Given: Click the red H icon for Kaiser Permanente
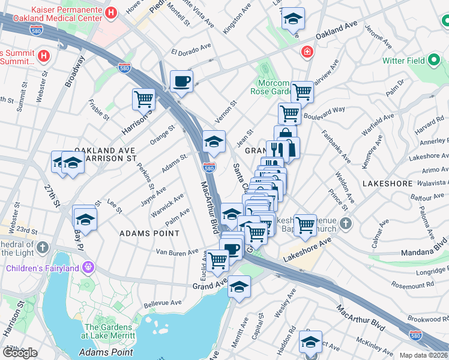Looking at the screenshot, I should tap(110, 13).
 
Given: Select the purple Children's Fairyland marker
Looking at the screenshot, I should tap(88, 267).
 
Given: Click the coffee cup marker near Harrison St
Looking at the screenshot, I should tap(181, 81).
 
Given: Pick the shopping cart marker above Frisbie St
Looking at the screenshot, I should tap(143, 99).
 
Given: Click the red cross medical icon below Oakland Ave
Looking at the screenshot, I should tap(307, 52).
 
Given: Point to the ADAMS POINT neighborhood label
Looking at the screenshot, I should tap(149, 233).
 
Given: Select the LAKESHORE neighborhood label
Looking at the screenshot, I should tap(387, 183).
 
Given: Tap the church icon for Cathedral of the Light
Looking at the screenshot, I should tap(43, 247).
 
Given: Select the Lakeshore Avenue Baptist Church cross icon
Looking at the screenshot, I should tap(345, 224).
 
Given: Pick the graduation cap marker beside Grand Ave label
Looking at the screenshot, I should tap(239, 287).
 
